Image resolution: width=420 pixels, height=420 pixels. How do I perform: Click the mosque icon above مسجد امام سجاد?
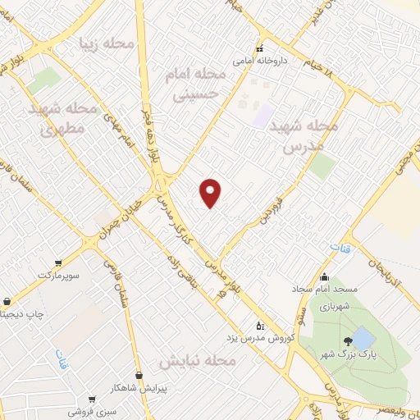click(326, 276)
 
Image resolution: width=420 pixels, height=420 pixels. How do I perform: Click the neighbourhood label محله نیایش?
click(197, 362)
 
